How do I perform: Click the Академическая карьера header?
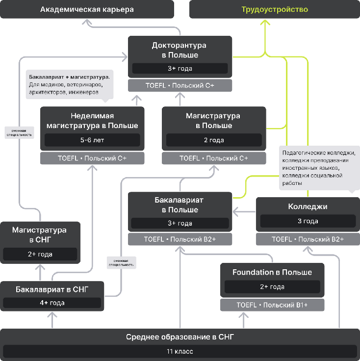(x=87, y=9)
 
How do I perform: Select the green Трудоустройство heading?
(x=275, y=9)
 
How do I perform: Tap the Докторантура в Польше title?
(x=180, y=50)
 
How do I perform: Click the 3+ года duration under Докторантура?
(x=180, y=68)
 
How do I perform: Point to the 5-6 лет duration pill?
(x=92, y=140)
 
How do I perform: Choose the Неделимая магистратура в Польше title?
(x=92, y=121)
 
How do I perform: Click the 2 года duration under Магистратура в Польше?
(x=213, y=140)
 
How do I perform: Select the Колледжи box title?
(x=308, y=207)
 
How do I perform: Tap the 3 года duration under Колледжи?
(x=308, y=221)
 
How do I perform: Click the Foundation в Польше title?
(x=272, y=272)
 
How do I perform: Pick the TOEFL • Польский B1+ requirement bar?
(x=272, y=305)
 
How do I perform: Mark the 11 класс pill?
(x=180, y=351)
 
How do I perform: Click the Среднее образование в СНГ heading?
(x=180, y=336)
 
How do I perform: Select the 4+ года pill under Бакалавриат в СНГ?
(x=52, y=303)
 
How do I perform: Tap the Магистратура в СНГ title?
(x=40, y=234)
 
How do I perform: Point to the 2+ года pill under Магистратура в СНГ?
(x=40, y=254)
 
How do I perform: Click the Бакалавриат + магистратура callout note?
(x=68, y=84)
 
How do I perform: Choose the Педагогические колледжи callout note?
(x=318, y=168)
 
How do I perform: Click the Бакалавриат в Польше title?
(x=180, y=205)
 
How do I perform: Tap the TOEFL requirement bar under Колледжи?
(x=308, y=239)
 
